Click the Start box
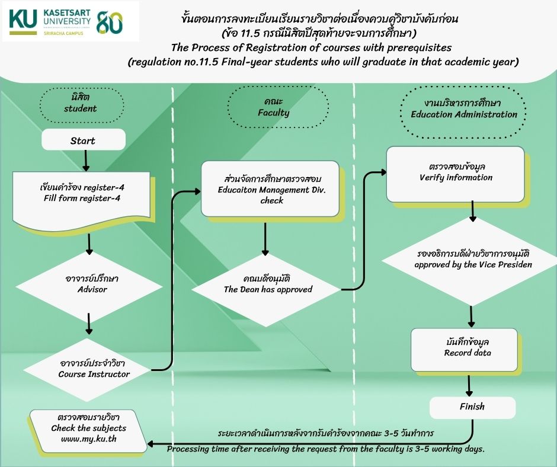84,139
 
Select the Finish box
472,408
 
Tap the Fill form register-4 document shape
81,201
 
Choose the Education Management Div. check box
270,188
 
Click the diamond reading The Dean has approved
266,289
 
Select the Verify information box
456,174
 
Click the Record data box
465,350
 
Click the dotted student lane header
82,105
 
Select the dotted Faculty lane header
278,107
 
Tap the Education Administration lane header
463,111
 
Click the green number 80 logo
109,22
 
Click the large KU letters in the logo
23,18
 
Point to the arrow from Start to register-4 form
85,161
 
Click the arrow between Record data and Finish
469,386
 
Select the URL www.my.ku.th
89,439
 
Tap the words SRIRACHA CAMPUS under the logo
63,33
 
